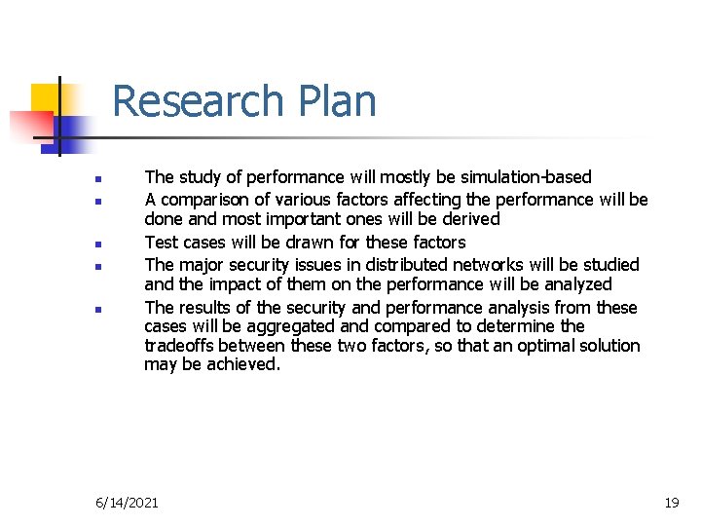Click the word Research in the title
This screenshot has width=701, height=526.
pyautogui.click(x=195, y=101)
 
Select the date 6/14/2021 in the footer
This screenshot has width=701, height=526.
pyautogui.click(x=127, y=503)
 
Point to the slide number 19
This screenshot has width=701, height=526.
pyautogui.click(x=671, y=503)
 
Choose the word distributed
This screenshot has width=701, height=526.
pyautogui.click(x=423, y=265)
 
